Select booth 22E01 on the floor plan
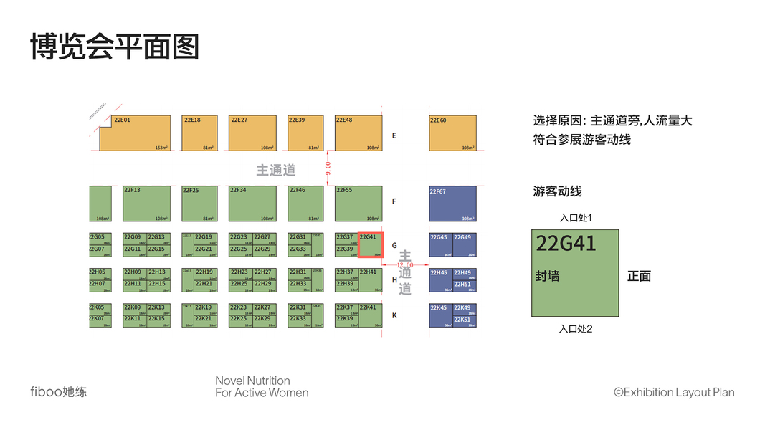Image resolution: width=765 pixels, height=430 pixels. tap(135, 133)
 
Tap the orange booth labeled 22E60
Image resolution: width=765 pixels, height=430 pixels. tap(453, 133)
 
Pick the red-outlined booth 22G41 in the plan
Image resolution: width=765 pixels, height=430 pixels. tap(371, 244)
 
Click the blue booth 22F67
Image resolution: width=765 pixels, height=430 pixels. tap(453, 204)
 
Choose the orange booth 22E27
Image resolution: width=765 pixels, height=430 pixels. tap(252, 133)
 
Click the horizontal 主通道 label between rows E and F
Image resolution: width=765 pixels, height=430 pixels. tap(276, 170)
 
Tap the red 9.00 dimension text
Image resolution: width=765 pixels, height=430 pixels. tap(328, 169)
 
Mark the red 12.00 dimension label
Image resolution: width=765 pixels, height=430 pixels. tap(405, 265)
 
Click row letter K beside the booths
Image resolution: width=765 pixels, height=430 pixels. tap(394, 315)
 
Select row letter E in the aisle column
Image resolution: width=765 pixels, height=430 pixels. tap(394, 135)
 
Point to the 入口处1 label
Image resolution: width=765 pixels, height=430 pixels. tap(575, 218)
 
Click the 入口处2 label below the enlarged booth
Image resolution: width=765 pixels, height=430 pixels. tap(575, 329)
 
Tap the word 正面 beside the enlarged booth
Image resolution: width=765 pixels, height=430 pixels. tap(639, 276)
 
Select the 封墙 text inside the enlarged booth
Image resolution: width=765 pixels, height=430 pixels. tap(547, 276)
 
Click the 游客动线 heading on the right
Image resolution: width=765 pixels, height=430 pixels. tap(557, 191)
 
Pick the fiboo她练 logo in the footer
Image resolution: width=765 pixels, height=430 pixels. tap(58, 392)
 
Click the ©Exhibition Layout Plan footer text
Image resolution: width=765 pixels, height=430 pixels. tap(674, 392)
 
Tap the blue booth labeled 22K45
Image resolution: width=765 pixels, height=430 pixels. tap(440, 315)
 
